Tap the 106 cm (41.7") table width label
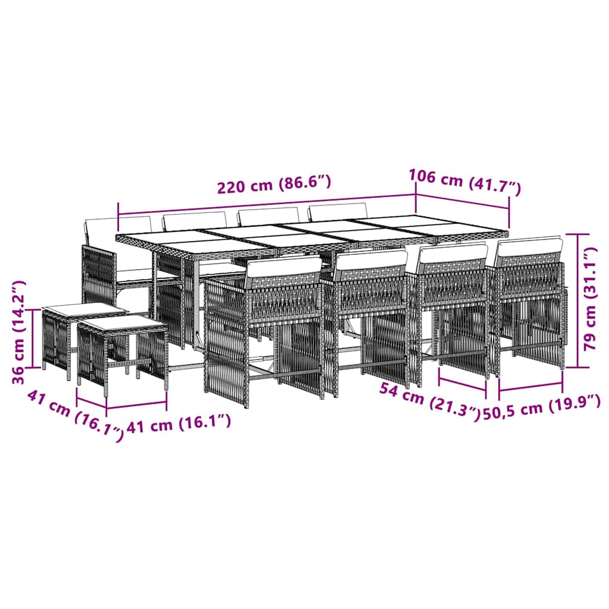point(464,181)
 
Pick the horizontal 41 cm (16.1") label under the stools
point(178,424)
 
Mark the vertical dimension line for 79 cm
point(578,300)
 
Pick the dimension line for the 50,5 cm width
point(530,388)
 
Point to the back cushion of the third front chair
point(453,253)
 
